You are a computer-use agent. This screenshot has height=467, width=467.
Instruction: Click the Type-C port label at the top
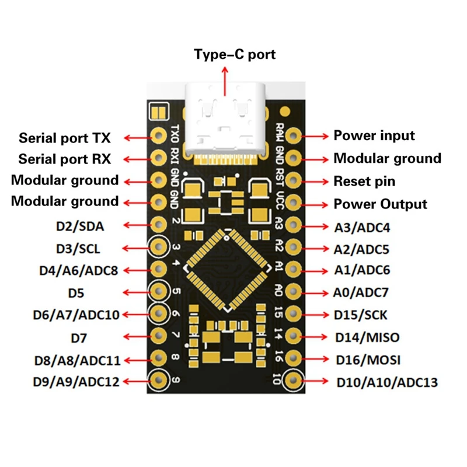point(234,55)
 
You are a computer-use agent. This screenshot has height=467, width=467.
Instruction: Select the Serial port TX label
point(65,138)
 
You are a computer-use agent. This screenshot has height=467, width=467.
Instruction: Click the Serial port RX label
point(64,158)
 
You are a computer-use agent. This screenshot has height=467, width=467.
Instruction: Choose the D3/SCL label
point(78,249)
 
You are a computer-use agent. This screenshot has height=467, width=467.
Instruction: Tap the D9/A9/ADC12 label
point(76,382)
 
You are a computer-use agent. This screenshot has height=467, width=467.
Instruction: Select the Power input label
point(374,135)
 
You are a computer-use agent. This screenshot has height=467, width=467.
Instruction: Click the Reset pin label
point(364,181)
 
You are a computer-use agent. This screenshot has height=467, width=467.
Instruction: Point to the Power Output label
point(380,204)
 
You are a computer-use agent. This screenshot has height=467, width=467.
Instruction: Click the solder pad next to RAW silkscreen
point(294,136)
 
